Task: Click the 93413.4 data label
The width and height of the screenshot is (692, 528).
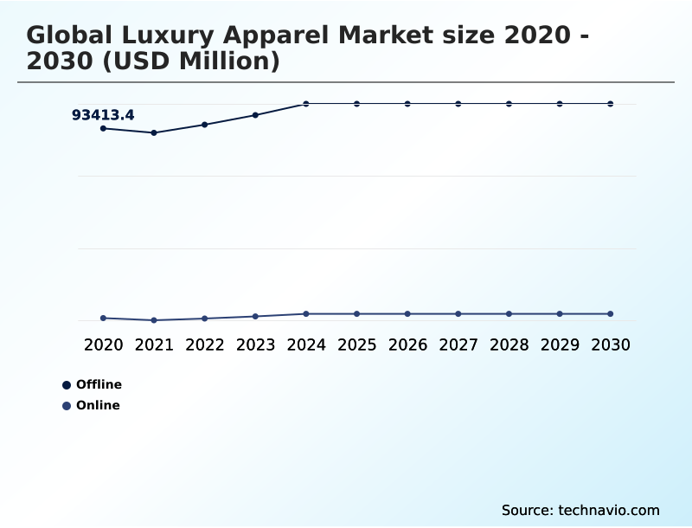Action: [103, 115]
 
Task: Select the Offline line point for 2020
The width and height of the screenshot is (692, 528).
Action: [103, 128]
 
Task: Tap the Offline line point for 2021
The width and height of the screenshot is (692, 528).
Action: [154, 132]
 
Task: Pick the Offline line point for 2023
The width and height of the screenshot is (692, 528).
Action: [255, 114]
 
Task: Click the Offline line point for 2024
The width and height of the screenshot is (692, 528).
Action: [306, 104]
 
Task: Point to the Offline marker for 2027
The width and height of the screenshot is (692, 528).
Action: [458, 104]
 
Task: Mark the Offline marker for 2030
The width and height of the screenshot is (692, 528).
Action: [611, 104]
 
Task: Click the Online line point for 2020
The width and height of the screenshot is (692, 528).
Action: [103, 318]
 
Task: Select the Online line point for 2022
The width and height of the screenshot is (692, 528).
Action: [205, 319]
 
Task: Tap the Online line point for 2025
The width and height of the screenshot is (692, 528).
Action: [356, 313]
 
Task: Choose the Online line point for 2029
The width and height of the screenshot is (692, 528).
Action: [560, 313]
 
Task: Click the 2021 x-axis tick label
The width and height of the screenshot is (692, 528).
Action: [154, 344]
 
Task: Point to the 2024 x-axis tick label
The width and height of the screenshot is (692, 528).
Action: [306, 344]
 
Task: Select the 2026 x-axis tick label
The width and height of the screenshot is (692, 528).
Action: [407, 344]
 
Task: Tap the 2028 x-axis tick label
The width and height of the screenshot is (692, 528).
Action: [509, 344]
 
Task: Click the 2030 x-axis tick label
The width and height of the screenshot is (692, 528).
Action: [611, 344]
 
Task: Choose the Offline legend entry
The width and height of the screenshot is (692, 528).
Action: [93, 384]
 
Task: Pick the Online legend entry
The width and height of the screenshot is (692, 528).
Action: [92, 405]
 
